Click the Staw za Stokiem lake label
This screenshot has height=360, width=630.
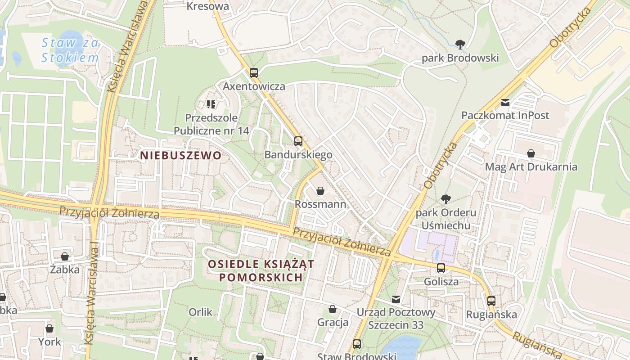click(70, 50)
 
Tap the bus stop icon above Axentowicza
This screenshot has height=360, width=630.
click(254, 72)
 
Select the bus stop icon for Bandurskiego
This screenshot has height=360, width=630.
click(298, 141)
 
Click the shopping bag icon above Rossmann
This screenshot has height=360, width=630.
click(320, 191)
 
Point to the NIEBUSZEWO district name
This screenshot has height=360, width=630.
click(180, 156)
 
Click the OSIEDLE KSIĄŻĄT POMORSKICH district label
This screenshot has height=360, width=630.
click(261, 270)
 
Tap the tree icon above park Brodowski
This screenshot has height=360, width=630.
click(460, 44)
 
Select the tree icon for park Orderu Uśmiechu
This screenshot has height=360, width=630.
click(446, 199)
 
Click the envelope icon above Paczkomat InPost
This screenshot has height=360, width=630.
click(505, 103)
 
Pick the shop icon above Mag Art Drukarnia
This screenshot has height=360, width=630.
click(531, 153)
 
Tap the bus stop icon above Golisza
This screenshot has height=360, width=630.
click(441, 268)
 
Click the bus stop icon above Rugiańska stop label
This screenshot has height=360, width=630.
click(491, 301)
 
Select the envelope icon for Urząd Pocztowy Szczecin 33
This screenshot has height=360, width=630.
click(396, 299)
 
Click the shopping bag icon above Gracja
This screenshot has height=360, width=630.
click(333, 309)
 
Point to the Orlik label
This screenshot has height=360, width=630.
click(201, 311)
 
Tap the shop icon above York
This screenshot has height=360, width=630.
click(49, 328)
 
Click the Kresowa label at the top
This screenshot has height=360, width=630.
click(207, 6)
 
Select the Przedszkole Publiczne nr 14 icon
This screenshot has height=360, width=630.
click(211, 104)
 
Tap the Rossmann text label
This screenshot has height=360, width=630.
click(320, 204)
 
